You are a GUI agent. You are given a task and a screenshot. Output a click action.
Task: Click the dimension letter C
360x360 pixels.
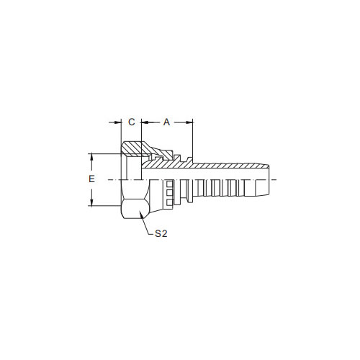pos(132,122)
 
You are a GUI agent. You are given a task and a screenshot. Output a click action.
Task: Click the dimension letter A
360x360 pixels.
pos(166,122)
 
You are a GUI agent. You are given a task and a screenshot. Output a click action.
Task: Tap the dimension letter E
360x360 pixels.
pos(91,179)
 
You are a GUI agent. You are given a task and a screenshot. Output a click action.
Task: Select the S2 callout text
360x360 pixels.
pos(161,233)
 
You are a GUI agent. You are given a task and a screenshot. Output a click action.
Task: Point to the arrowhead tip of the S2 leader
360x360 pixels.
pos(139,211)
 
